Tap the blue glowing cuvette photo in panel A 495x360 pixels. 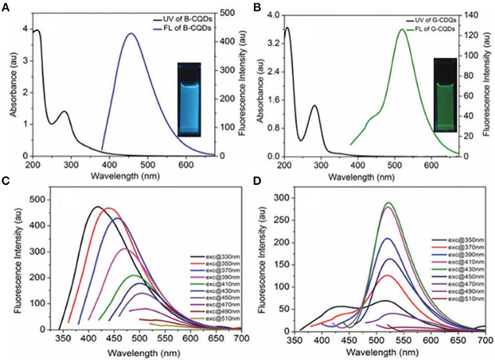point(191,100)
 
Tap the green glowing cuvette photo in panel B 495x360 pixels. point(445,95)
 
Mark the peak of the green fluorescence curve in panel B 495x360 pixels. point(402,29)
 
